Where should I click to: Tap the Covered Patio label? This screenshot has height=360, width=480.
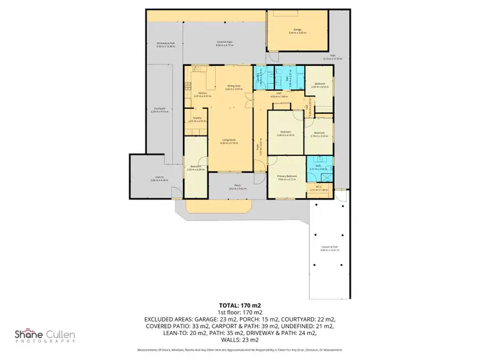click(x=223, y=43)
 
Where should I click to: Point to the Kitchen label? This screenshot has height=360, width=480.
click(x=202, y=93)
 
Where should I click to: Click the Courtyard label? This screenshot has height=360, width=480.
click(x=159, y=109)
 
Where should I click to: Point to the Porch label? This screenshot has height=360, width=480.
click(x=237, y=187)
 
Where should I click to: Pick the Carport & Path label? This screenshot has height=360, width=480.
click(x=329, y=248)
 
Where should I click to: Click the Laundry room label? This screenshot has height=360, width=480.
click(x=260, y=79)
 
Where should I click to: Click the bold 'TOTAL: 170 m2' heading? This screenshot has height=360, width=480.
click(x=239, y=306)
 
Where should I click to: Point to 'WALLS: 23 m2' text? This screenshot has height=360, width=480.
click(x=239, y=340)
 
